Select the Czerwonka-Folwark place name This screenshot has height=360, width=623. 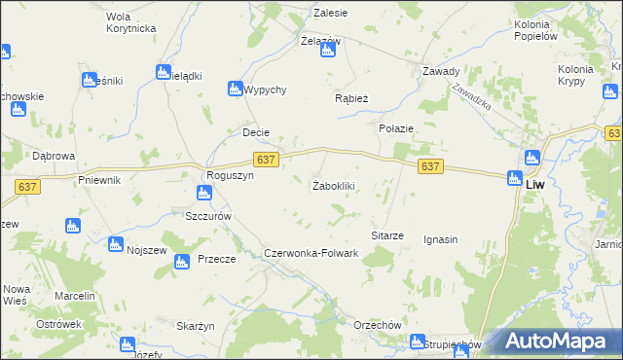click(311, 253)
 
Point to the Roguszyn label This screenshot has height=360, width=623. click(229, 175)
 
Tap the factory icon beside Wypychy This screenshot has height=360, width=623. click(235, 89)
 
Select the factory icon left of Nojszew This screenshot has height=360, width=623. click(116, 243)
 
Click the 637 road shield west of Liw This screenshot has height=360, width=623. click(431, 167)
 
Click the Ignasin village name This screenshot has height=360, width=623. click(441, 239)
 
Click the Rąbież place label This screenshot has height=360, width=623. click(351, 97)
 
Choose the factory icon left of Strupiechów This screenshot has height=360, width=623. click(417, 342)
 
